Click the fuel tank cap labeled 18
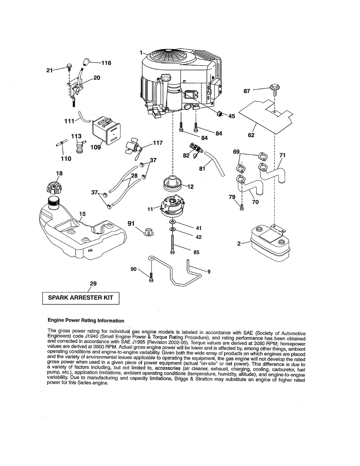click(54, 188)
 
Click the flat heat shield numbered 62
click(266, 115)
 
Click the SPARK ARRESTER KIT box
click(80, 297)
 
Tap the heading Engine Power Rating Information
click(86, 321)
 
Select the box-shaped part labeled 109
click(106, 130)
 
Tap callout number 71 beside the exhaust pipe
click(282, 155)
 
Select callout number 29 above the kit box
click(93, 283)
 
